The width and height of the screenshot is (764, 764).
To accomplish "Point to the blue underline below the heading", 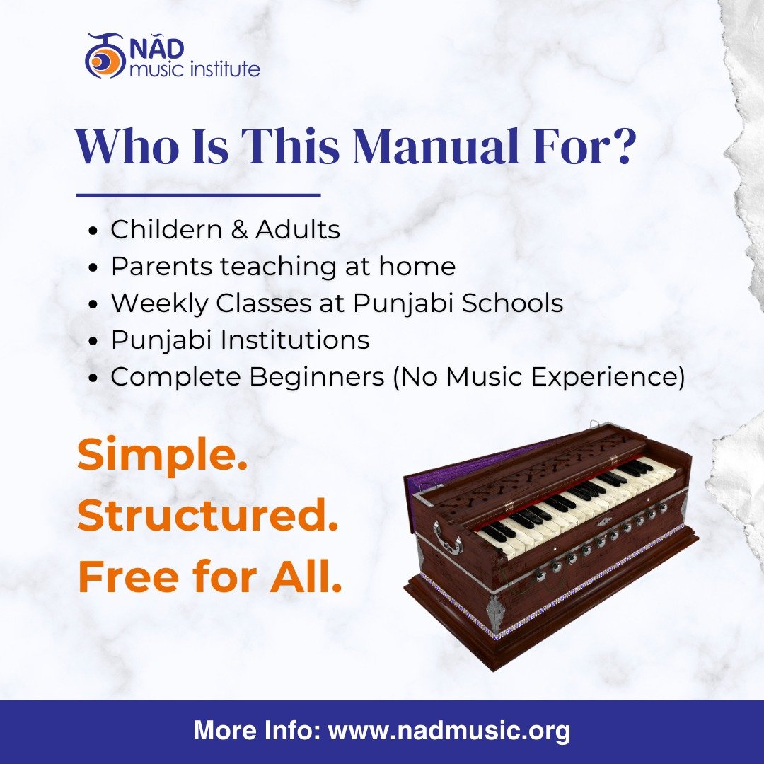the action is [198, 195].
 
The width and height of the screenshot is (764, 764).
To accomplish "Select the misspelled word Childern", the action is [165, 229].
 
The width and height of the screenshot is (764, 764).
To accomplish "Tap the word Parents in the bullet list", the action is [161, 267].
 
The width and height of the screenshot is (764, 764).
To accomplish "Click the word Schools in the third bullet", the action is [512, 303].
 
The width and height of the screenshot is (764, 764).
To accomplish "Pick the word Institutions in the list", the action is [294, 340].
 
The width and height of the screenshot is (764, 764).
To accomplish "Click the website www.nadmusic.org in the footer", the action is [448, 730].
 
